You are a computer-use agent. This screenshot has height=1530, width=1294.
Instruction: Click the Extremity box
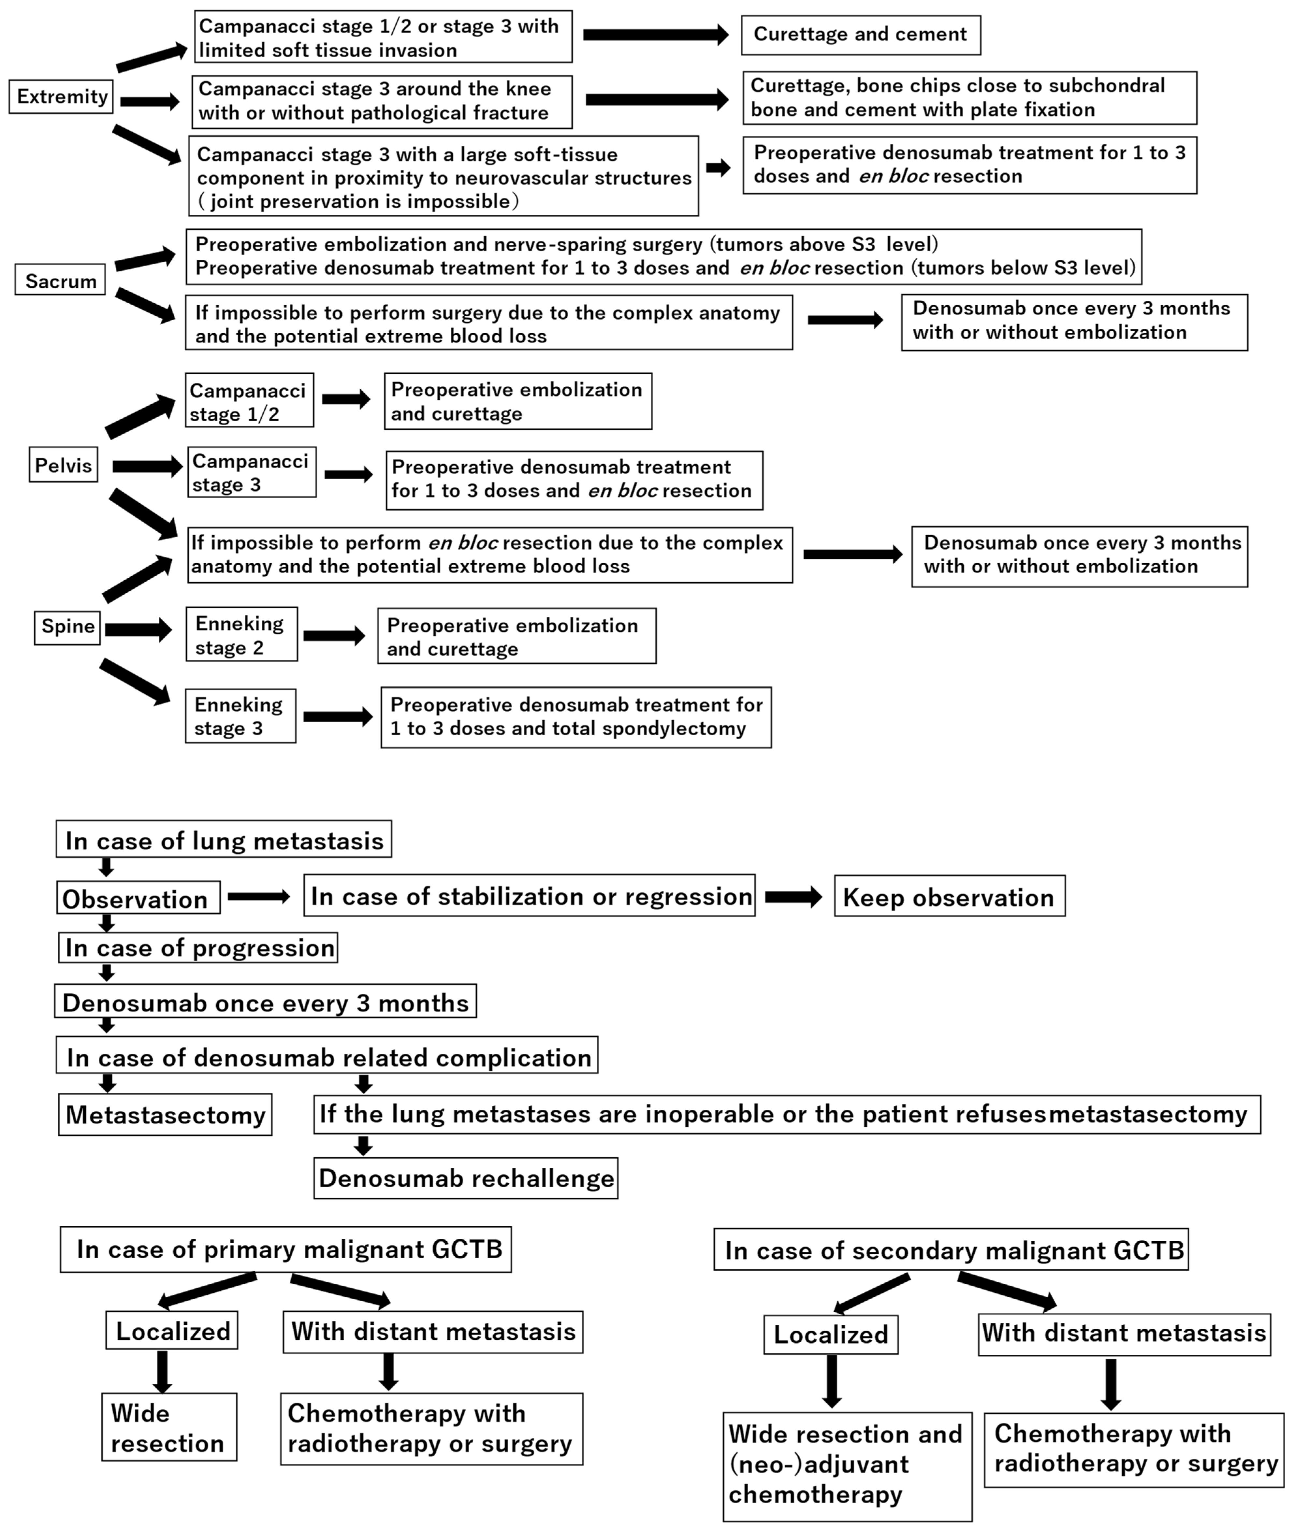(x=62, y=97)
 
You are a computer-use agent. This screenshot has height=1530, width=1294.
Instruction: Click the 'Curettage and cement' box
(x=861, y=35)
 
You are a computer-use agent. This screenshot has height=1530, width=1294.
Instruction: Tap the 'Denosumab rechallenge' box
(x=466, y=1178)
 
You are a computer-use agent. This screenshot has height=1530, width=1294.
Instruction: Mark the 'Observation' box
(x=138, y=899)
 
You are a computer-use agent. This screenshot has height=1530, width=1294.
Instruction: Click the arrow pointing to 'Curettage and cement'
(x=655, y=35)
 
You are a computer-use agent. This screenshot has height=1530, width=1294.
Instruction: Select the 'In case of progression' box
(x=198, y=948)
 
